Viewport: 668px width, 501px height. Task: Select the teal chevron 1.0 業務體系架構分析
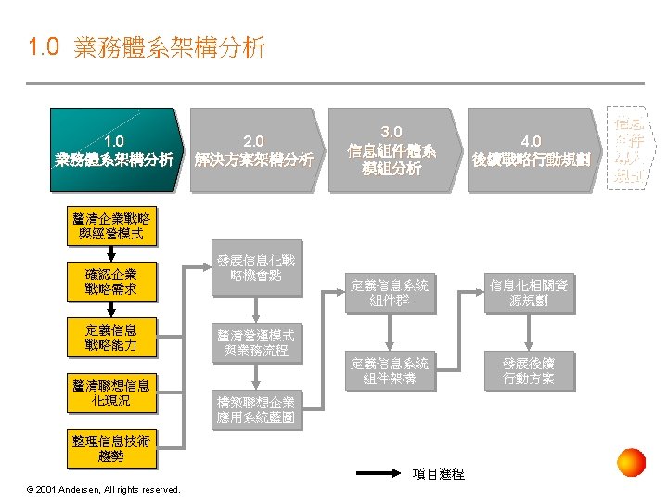click(x=114, y=150)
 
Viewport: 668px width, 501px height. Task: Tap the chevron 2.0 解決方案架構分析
click(x=254, y=150)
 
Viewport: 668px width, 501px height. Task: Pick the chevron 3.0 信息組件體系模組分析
click(x=391, y=150)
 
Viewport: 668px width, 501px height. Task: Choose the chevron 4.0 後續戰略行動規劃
click(x=532, y=150)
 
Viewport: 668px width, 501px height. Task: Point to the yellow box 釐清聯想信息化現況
click(x=110, y=392)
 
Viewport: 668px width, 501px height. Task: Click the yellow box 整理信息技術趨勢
click(x=110, y=448)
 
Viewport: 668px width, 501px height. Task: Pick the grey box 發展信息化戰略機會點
click(x=256, y=268)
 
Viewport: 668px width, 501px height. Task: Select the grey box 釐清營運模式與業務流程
click(x=256, y=342)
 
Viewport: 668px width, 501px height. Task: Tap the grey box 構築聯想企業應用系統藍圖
click(x=256, y=409)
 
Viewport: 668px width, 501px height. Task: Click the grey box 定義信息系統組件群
click(x=390, y=294)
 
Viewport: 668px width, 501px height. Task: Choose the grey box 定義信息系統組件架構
click(x=390, y=370)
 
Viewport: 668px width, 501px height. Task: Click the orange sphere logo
click(x=631, y=462)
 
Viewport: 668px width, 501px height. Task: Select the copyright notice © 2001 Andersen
click(x=104, y=489)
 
